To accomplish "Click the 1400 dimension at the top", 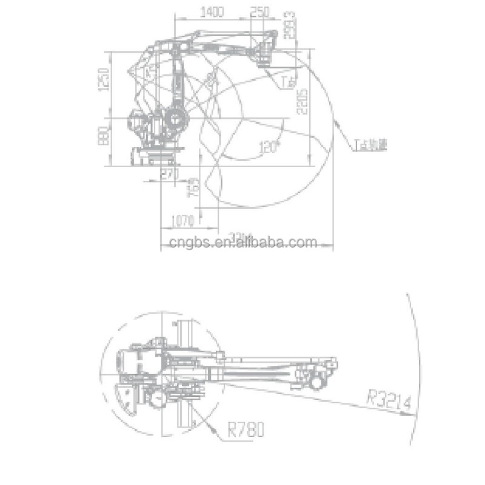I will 212,12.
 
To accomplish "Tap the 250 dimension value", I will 259,12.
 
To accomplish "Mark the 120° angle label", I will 267,147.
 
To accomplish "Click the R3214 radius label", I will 389,400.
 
